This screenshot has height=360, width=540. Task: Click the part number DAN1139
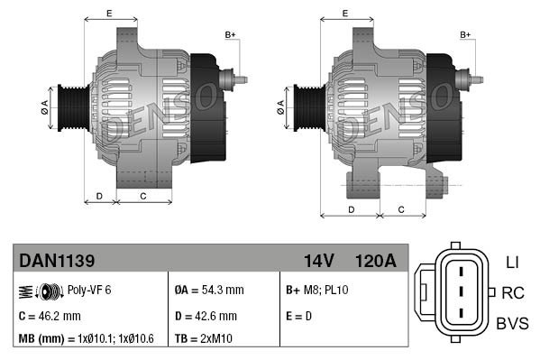pos(57,262)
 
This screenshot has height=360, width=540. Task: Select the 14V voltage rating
pos(318,262)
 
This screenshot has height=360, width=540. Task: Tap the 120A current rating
pos(377,262)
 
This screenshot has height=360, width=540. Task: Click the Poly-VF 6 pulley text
pos(89,291)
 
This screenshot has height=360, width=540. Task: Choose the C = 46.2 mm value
pos(50,317)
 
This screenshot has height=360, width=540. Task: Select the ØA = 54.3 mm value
pos(208,291)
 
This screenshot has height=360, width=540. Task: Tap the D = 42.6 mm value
pos(206,317)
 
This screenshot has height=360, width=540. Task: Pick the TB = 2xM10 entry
pos(205,338)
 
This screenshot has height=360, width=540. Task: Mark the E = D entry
pos(301,317)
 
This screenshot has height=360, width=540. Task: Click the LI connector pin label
pos(511,262)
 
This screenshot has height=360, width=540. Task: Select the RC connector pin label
pos(513,292)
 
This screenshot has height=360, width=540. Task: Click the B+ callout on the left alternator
pos(229,35)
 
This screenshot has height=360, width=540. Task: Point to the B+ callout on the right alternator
pos(466,35)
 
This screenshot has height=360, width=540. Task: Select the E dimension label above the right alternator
pos(346,13)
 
